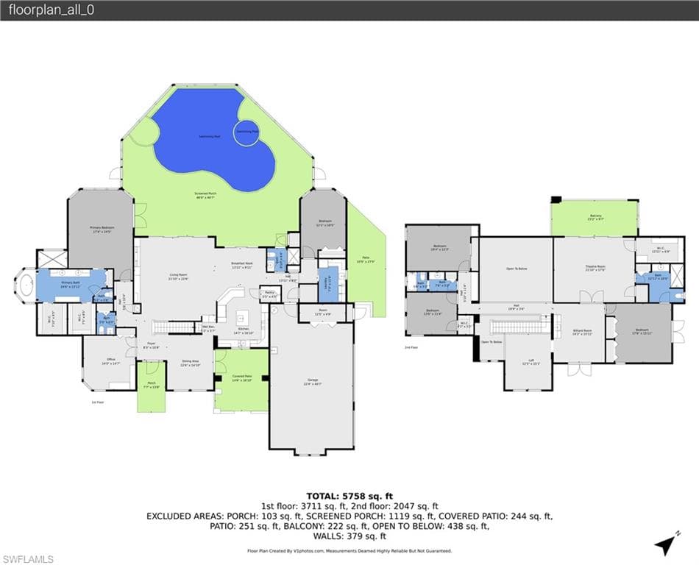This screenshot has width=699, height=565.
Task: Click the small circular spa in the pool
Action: tap(246, 132)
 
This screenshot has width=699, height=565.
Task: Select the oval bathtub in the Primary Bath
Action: tap(27, 285)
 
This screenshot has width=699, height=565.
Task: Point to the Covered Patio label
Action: tap(241, 379)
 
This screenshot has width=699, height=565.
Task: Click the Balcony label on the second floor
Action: tap(595, 217)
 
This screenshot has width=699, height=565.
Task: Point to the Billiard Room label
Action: tap(583, 332)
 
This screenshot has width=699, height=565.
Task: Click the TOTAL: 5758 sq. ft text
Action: tap(349, 495)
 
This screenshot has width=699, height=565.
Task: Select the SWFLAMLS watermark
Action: tap(28, 559)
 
